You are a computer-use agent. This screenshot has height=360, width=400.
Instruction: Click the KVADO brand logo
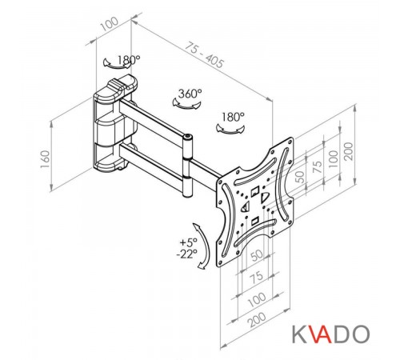331,334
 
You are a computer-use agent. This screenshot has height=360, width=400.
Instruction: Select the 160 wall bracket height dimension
45,159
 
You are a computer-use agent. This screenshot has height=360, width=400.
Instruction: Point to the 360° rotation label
190,94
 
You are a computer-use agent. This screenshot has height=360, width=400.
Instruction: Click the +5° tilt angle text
189,242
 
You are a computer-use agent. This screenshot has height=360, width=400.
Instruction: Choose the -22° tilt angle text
186,254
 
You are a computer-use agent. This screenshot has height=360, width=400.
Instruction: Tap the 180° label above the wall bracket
129,60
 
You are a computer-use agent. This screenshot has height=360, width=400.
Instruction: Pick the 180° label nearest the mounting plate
233,117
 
